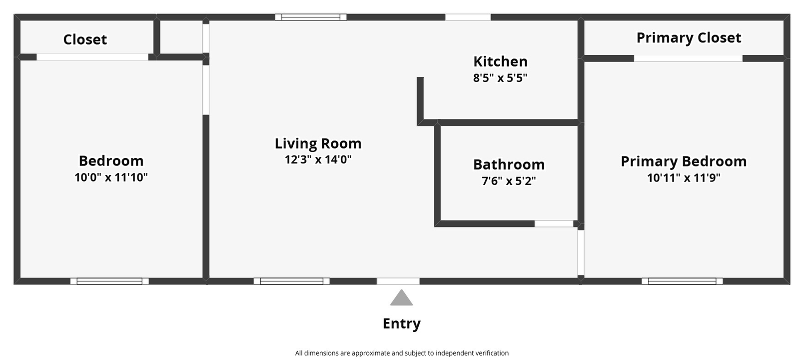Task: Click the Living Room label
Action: point(318,143)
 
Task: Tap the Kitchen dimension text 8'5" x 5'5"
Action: point(500,78)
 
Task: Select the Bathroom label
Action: point(509,164)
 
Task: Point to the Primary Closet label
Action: point(689,38)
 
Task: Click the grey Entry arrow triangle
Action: point(401,298)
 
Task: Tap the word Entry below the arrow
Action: point(401,323)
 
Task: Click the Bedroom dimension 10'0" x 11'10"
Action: point(111,177)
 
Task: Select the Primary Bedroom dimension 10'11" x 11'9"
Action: point(684,177)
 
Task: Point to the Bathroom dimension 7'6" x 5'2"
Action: point(509,180)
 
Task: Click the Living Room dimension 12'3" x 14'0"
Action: point(318,159)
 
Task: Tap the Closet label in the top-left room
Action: point(85,39)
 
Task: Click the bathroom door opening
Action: point(554,224)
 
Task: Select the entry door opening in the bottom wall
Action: point(398,281)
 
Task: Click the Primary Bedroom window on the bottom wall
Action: point(682,281)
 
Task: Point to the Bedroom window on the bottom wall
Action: point(109,281)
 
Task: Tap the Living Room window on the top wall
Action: point(311,17)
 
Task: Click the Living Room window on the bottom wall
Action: point(292,281)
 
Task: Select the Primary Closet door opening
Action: point(688,58)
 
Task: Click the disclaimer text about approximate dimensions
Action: point(402,353)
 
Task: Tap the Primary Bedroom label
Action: point(684,161)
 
